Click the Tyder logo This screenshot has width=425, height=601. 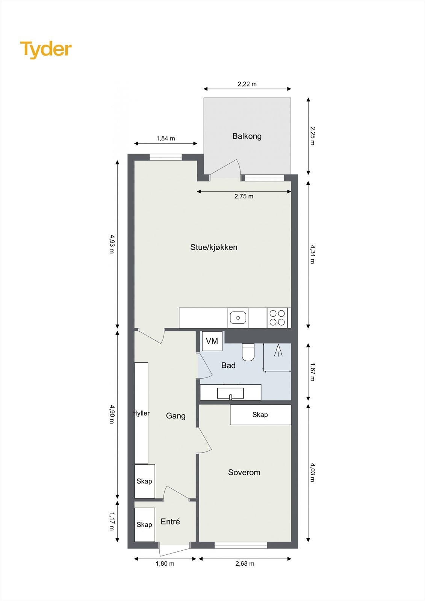[46, 50]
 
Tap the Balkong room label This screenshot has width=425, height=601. [247, 136]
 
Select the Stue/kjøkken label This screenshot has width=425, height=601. [214, 247]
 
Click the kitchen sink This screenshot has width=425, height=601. [238, 318]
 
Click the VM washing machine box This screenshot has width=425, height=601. [212, 341]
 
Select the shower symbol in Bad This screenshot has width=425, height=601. [278, 350]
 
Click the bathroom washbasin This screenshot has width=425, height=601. [230, 393]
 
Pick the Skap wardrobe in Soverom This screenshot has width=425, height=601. [260, 415]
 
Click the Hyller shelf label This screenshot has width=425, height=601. [141, 413]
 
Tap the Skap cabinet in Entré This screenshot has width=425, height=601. [145, 525]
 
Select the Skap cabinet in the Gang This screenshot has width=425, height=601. [145, 481]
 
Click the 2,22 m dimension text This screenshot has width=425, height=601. [247, 84]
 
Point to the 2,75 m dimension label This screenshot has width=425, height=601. [244, 196]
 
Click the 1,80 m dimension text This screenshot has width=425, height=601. [165, 564]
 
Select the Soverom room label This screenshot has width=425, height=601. [244, 473]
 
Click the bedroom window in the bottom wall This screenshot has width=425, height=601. [240, 545]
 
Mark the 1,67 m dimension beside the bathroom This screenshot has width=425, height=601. [312, 372]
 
